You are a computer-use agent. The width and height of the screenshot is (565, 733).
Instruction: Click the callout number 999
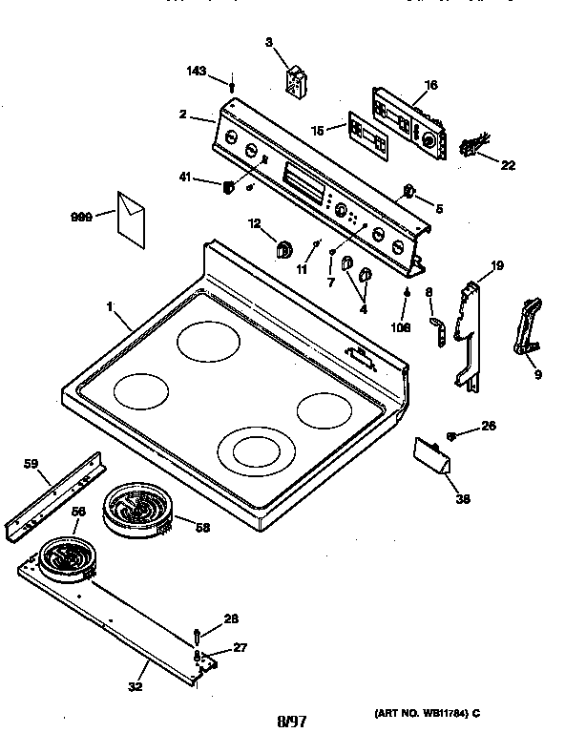(81, 217)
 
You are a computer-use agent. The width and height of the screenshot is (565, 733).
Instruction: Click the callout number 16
(430, 85)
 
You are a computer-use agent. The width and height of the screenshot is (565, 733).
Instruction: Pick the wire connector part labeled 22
(471, 146)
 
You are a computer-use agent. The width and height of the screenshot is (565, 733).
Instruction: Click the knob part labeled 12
(283, 250)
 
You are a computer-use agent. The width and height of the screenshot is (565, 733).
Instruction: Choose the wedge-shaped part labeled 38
(434, 460)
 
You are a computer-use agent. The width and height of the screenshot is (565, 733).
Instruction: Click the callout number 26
(489, 427)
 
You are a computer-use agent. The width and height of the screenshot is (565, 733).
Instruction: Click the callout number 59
(31, 464)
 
